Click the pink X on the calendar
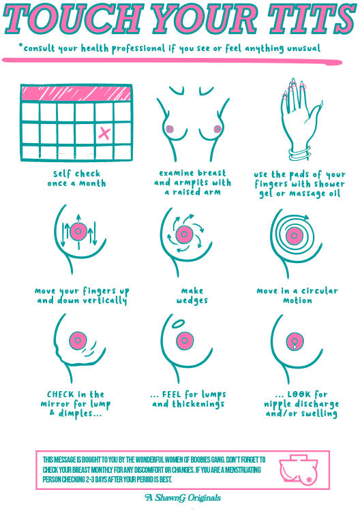(x=104, y=133)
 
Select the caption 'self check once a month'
(x=76, y=179)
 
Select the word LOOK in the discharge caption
(x=301, y=394)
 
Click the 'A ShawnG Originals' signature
(x=183, y=498)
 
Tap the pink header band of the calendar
(x=76, y=93)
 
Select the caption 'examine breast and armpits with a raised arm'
(x=192, y=183)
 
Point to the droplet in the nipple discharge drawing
(x=294, y=347)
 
